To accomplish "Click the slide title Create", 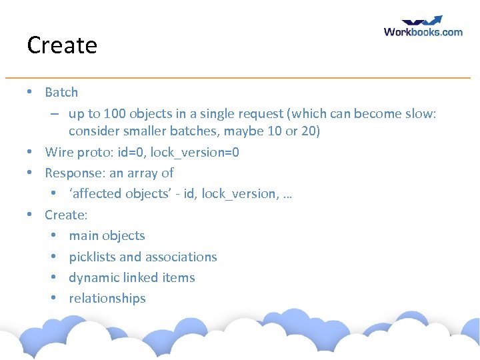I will pyautogui.click(x=62, y=45).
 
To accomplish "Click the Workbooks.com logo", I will pyautogui.click(x=423, y=27).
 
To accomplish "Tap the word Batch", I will pyautogui.click(x=61, y=92).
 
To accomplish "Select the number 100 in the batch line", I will pyautogui.click(x=115, y=113).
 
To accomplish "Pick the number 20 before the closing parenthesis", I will pyautogui.click(x=307, y=131).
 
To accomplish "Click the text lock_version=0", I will pyautogui.click(x=195, y=153).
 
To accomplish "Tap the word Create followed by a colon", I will pyautogui.click(x=66, y=215).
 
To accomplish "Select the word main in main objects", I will pyautogui.click(x=83, y=236).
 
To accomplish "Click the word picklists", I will pyautogui.click(x=92, y=257).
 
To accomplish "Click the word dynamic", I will pyautogui.click(x=92, y=278).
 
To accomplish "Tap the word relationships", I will pyautogui.click(x=107, y=299).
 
